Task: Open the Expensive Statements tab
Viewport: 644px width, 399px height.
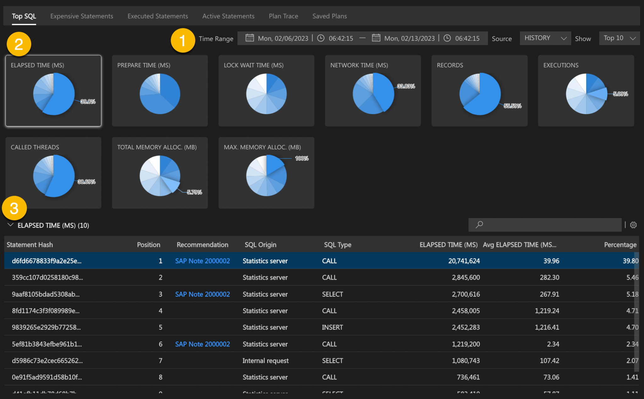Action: coord(81,16)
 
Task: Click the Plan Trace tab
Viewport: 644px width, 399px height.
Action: coord(283,16)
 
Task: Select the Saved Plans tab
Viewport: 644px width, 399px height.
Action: coord(329,16)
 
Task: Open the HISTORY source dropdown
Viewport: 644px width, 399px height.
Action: coord(545,38)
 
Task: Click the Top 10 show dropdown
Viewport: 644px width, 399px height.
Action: coord(619,38)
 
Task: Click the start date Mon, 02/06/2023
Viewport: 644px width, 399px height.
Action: coord(283,38)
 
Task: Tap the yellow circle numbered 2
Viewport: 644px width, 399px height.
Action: coord(19,44)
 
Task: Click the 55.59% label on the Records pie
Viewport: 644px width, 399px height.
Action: coord(512,106)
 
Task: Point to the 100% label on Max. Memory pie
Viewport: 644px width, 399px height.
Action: coord(302,158)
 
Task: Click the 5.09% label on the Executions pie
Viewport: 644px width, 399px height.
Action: coord(620,94)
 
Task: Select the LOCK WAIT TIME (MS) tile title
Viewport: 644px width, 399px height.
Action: coord(253,65)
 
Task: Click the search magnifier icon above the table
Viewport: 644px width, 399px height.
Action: coord(479,224)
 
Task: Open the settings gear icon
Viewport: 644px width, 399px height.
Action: coord(633,225)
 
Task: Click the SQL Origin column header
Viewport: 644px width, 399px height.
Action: coord(260,245)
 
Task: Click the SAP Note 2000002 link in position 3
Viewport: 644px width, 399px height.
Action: coord(202,294)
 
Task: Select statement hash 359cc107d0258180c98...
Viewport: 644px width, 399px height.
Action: coord(47,277)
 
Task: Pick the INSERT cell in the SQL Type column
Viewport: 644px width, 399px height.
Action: coord(332,327)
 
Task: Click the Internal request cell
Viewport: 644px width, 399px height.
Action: coord(265,361)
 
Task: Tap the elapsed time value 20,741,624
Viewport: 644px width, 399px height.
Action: coord(464,261)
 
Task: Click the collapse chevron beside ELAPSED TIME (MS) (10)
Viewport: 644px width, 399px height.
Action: coord(10,225)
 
